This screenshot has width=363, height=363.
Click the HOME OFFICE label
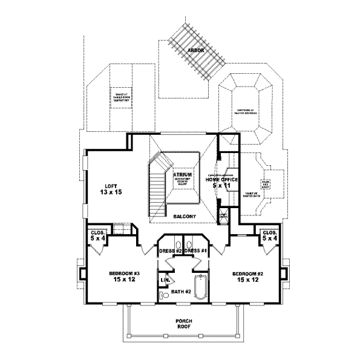pos(221,180)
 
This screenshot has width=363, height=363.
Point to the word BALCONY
pos(181,216)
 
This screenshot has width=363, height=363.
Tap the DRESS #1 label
pos(195,250)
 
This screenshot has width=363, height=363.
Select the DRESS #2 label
pos(171,250)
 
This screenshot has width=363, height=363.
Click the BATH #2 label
pos(180,292)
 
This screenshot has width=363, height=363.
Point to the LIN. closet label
pos(164,281)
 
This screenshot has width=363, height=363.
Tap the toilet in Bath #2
pos(164,295)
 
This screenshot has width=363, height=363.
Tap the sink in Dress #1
pos(190,240)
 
